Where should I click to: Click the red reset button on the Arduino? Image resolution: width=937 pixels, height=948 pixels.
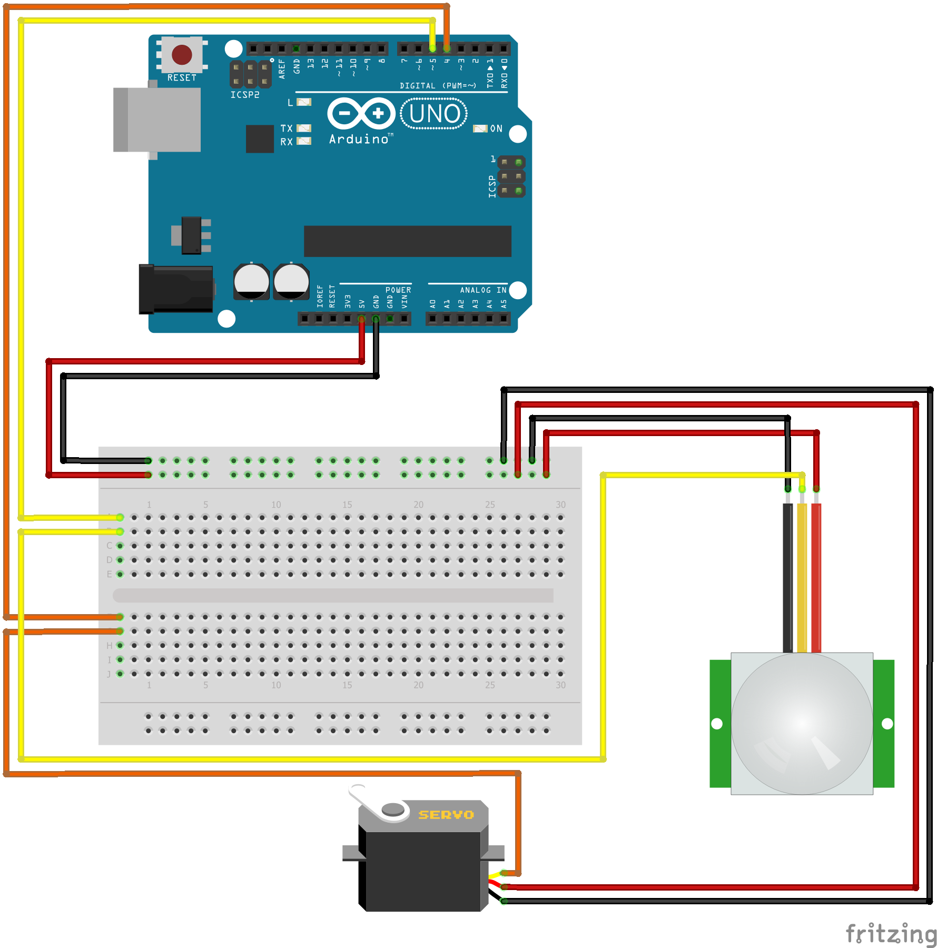182,55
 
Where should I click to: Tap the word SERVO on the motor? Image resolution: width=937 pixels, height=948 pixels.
446,815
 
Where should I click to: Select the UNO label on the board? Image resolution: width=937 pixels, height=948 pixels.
434,114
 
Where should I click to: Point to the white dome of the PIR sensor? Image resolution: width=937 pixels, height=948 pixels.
802,724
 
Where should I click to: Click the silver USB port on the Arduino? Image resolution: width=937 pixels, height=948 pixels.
157,120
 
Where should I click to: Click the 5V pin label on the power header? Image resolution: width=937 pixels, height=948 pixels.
362,304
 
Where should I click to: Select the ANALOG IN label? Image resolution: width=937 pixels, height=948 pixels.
483,290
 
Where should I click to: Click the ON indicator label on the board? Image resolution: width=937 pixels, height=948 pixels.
496,129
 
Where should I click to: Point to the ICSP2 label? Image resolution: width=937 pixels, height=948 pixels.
245,95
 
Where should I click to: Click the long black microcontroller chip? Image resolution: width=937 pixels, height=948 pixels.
407,241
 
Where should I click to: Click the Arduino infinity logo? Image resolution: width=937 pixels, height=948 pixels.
361,113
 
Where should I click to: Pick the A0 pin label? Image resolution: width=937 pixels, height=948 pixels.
432,304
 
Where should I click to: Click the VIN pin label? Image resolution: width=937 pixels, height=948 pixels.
405,302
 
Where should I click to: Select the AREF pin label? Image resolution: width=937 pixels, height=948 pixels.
282,69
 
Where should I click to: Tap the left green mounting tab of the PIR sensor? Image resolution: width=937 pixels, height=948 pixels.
719,724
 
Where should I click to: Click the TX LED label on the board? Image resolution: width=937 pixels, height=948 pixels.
287,129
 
